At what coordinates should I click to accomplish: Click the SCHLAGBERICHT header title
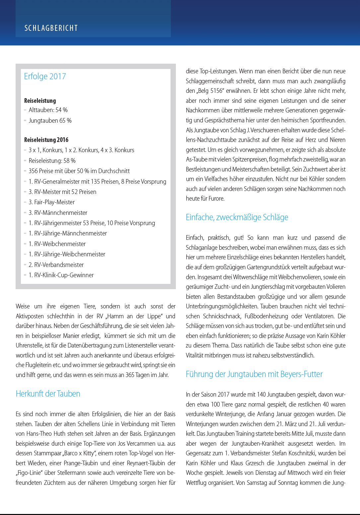coord(51,28)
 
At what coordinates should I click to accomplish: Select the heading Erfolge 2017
coord(45,77)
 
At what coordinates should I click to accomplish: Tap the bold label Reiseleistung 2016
coord(46,140)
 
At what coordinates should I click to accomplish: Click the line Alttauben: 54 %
coord(48,110)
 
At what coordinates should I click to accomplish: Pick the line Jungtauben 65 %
coord(50,121)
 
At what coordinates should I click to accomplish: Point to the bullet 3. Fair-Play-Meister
coord(51,202)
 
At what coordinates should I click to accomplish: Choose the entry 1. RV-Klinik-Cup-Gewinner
coord(61,275)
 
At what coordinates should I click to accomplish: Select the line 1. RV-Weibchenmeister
coord(57,244)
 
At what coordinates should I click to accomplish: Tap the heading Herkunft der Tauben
coord(48,394)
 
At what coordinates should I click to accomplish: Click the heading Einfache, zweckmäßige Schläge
coord(237,218)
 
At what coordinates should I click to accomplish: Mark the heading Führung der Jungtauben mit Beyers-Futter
coord(254,374)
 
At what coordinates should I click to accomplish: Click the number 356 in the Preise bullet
coord(33,171)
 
